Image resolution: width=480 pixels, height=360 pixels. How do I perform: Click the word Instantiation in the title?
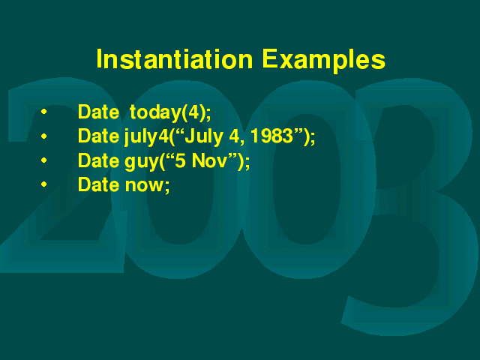(x=175, y=59)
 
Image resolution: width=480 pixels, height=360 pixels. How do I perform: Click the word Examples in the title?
(x=323, y=61)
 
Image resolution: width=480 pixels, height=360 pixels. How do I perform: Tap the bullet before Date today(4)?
(x=43, y=112)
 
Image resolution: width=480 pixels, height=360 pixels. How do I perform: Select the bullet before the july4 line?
(x=43, y=136)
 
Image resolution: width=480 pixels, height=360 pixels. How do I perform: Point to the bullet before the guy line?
(x=43, y=160)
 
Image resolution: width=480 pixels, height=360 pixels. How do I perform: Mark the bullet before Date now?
(x=43, y=184)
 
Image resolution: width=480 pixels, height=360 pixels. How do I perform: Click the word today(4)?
(x=170, y=112)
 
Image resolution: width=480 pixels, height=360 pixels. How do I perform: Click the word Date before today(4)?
(x=98, y=112)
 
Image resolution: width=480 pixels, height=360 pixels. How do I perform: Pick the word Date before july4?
(x=98, y=136)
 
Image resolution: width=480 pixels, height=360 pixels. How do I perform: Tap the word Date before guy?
(x=98, y=160)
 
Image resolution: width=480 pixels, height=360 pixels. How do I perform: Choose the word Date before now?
(x=98, y=184)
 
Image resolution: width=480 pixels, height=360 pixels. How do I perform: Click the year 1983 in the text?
(x=271, y=136)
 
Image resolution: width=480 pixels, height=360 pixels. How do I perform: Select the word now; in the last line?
(x=147, y=185)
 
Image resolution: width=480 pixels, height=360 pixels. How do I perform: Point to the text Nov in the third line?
(x=209, y=160)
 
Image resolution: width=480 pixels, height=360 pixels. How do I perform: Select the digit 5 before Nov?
(x=180, y=160)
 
